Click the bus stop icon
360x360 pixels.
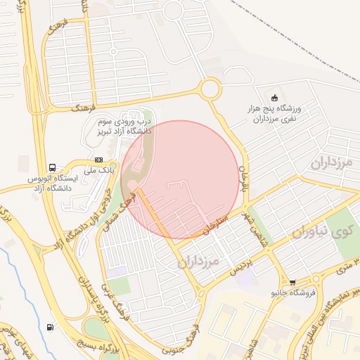point(53,167)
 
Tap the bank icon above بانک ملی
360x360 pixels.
point(98,160)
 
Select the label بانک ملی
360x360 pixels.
point(98,170)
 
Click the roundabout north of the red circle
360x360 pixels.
point(210,89)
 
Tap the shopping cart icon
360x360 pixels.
point(292,283)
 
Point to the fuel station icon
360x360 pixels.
point(49,327)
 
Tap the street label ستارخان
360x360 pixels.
point(216,220)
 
